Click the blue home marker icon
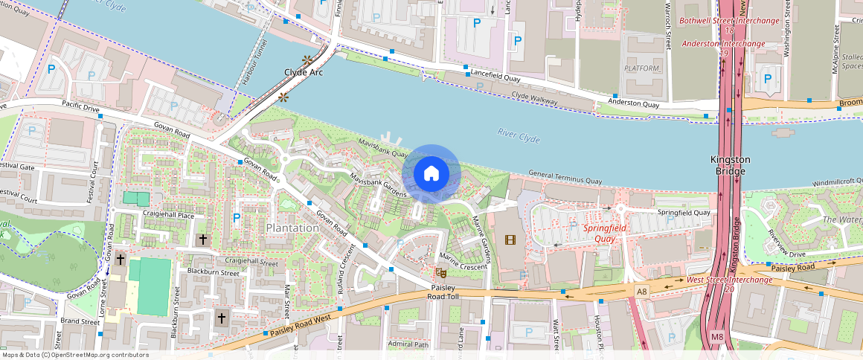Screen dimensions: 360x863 tap(431, 174)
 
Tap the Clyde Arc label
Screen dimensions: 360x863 tap(304, 73)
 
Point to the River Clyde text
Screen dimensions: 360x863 tap(519, 135)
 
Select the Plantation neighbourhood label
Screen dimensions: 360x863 tap(292, 228)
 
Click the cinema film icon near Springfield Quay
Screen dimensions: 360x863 tap(510, 240)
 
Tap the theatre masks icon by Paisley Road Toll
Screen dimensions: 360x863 tap(440, 274)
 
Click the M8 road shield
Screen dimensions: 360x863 tap(716, 337)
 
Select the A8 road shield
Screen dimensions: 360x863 tap(641, 291)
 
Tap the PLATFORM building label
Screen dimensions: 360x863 tap(642, 68)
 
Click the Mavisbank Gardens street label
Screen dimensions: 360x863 tap(379, 183)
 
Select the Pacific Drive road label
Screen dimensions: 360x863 tap(80, 109)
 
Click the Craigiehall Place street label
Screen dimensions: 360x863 tap(168, 215)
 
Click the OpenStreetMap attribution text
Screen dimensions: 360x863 tap(74, 355)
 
